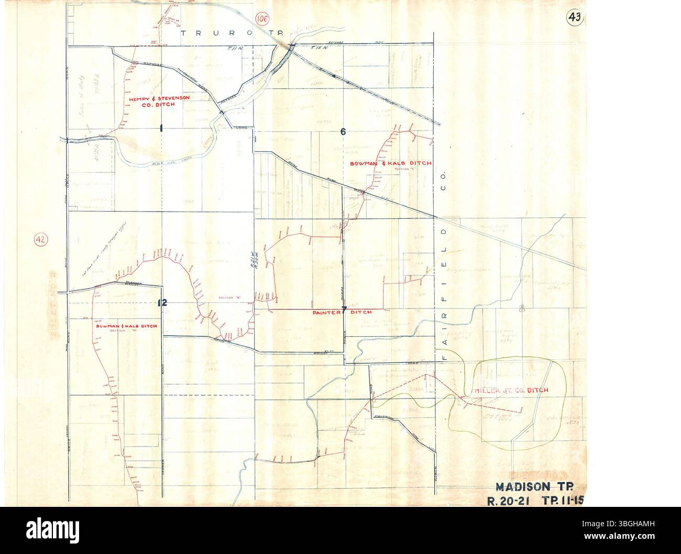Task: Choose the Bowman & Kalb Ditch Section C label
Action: (x=391, y=164)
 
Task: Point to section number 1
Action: (x=162, y=128)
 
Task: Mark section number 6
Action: (x=343, y=132)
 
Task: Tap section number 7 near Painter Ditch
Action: (x=344, y=308)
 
